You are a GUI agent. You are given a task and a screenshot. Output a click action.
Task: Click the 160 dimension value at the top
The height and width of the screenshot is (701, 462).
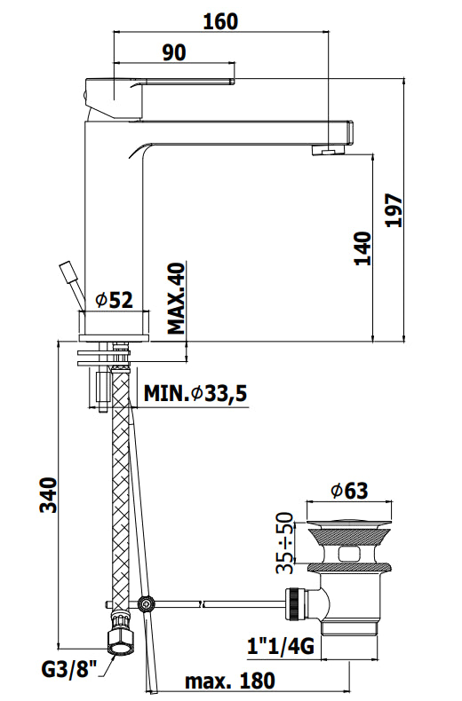(220, 21)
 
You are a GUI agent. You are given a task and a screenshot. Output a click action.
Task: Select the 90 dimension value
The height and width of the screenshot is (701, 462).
(174, 52)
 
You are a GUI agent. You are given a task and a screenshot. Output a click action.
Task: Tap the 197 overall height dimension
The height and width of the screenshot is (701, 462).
(394, 210)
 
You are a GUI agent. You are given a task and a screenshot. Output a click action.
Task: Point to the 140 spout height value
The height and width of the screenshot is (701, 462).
(362, 248)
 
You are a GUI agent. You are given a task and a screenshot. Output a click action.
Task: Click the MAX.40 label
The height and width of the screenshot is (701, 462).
(177, 298)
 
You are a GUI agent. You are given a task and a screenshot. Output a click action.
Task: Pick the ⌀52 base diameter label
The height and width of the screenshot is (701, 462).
(115, 300)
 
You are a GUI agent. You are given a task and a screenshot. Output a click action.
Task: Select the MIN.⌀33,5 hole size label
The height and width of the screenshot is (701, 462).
(195, 393)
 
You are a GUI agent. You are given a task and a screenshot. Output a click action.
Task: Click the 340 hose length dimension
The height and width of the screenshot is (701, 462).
(49, 495)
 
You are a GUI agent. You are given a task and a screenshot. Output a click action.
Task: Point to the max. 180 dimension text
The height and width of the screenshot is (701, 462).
(230, 681)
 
